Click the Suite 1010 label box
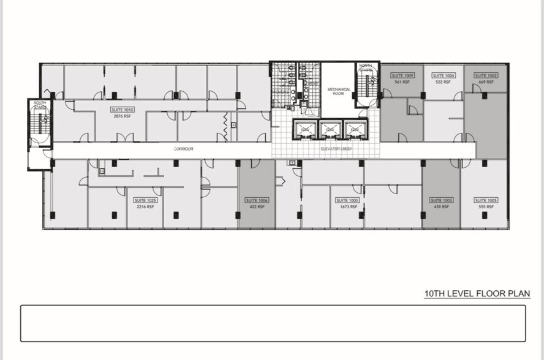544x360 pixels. point(123,110)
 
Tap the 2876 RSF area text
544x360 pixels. point(123,116)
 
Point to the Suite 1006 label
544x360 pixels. point(257,200)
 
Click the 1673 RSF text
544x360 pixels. point(348,207)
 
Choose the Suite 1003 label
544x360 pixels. point(441,200)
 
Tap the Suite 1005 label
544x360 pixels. point(486,200)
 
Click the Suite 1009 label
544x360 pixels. point(402,75)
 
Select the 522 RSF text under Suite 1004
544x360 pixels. point(442,81)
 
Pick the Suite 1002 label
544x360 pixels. point(486,75)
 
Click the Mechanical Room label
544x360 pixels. point(339,91)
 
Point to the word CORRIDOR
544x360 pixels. point(184,149)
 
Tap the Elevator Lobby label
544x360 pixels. point(335,149)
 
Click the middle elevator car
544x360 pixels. point(328,130)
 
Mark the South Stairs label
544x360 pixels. point(40,105)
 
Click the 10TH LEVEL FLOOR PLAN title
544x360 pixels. point(477,294)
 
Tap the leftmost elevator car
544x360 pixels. point(304,130)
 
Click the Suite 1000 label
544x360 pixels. point(348,200)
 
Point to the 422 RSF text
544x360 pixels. point(257,207)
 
